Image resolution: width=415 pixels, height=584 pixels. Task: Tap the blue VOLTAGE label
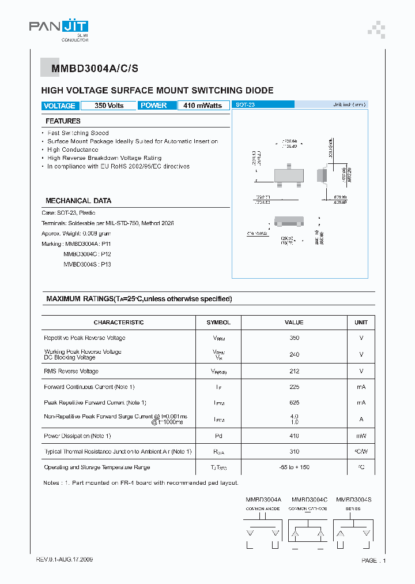59,106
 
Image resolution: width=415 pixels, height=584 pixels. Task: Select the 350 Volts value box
109,106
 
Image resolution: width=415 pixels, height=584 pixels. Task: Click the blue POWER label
154,106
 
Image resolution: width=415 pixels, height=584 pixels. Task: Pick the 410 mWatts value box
203,106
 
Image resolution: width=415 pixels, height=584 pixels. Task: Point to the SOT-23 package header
246,104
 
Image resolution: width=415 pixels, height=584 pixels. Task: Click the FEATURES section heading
63,121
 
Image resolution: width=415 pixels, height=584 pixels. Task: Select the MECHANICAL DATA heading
78,201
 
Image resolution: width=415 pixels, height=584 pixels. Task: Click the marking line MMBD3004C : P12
87,254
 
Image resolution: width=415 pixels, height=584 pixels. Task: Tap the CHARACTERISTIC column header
119,323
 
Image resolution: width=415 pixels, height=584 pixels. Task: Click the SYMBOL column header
219,323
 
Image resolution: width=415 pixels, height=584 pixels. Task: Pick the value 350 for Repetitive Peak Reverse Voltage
294,338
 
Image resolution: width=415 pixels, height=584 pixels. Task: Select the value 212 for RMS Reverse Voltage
294,371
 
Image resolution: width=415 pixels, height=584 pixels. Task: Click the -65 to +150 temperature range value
294,467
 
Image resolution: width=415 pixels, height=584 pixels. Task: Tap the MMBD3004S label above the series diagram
353,499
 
